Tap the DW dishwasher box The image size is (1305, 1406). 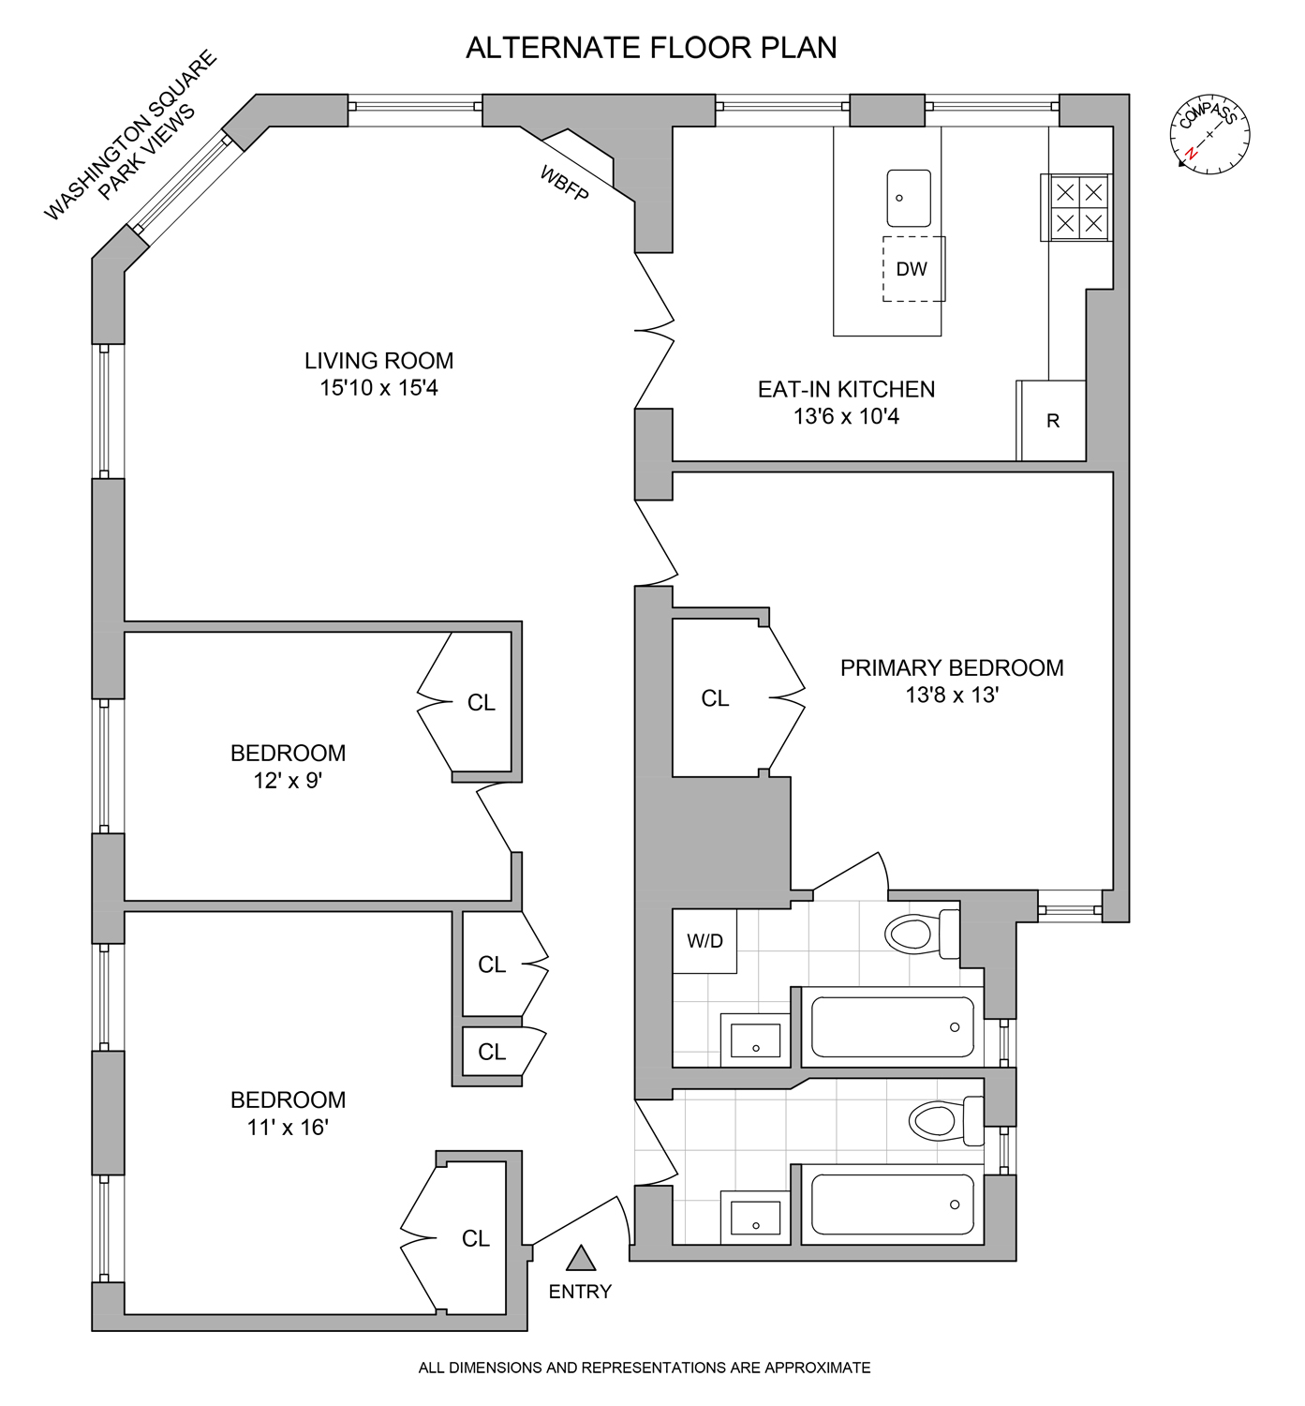pos(912,269)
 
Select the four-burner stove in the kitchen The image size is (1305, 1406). pos(1078,208)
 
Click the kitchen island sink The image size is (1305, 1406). pos(909,198)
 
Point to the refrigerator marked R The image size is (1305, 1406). pos(1052,421)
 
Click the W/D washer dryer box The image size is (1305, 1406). pos(704,941)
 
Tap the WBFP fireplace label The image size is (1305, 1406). pos(564,183)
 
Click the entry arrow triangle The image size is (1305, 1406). pos(580,1257)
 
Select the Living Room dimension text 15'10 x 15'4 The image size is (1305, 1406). pos(378,388)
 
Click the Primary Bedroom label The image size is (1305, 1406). pos(951,668)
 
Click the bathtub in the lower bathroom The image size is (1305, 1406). pos(892,1204)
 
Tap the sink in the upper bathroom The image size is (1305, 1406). pos(755,1039)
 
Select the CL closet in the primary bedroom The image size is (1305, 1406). pos(715,698)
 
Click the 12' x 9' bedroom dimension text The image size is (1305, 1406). pos(288,781)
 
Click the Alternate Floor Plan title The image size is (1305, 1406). pos(651,48)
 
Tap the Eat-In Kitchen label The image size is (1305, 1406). pos(846,389)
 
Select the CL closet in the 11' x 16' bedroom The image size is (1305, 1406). pos(475,1238)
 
